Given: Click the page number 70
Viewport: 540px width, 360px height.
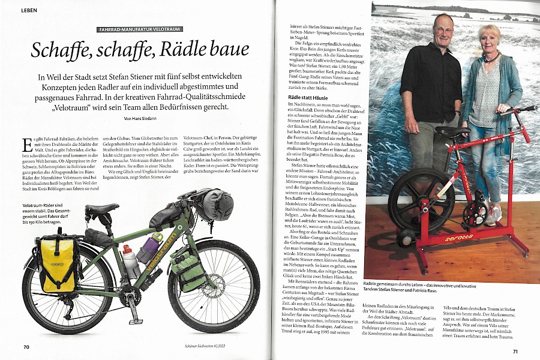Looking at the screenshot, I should tap(26, 346).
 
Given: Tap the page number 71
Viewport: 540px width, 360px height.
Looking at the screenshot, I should tap(514, 351).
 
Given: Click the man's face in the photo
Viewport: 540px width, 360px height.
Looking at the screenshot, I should tap(444, 27).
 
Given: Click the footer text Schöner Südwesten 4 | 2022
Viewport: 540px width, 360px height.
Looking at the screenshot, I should tap(200, 346).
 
